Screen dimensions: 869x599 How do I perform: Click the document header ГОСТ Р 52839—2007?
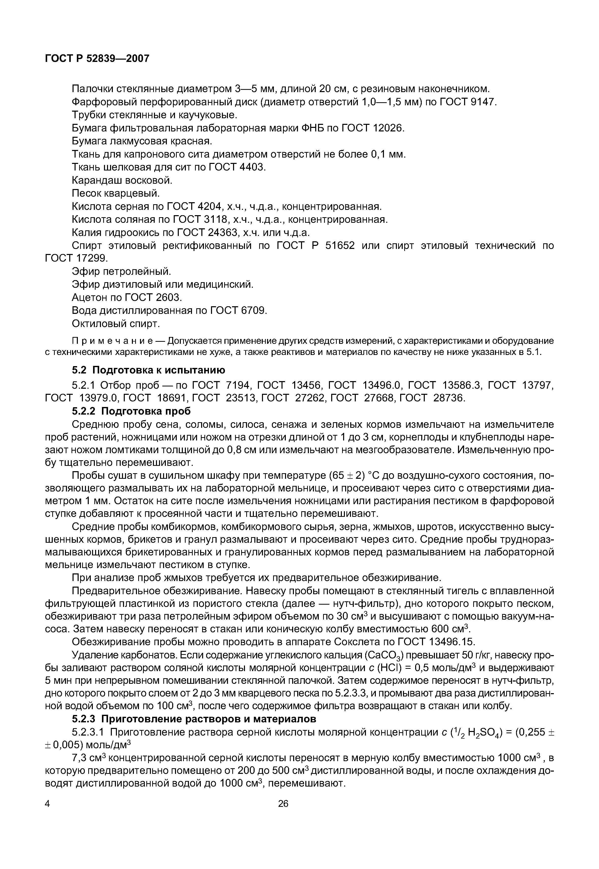click(x=97, y=59)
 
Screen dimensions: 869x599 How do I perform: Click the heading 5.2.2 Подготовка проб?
click(x=131, y=411)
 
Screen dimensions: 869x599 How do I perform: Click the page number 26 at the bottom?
click(x=283, y=804)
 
